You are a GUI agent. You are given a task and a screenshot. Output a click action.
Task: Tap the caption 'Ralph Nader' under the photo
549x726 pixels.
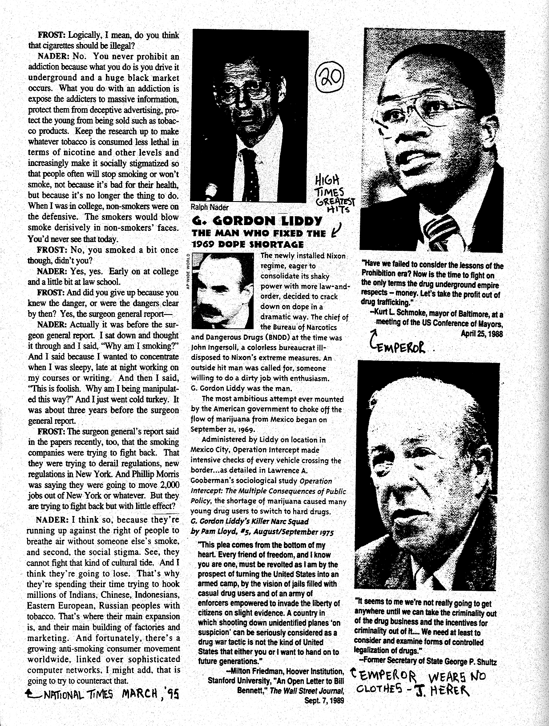[x=209, y=207]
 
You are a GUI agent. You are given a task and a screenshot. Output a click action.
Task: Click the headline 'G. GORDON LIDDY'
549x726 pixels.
[x=257, y=221]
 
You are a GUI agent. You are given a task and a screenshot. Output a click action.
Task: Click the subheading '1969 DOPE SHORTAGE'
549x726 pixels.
[x=248, y=244]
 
